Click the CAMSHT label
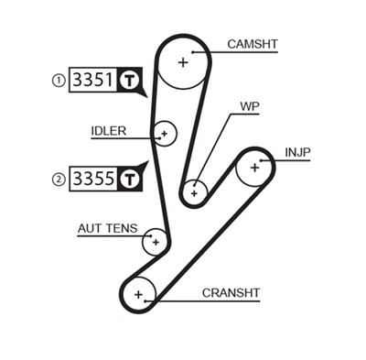tap(252, 44)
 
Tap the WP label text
tap(249, 105)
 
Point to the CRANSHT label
tap(231, 292)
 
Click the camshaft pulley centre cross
tap(183, 62)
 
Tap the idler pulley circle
tap(164, 134)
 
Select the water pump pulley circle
tap(193, 192)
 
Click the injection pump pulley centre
tap(254, 167)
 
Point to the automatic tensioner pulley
tap(156, 242)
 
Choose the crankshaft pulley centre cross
tap(138, 294)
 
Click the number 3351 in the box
tap(92, 81)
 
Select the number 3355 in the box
tap(92, 179)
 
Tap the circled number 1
tap(59, 81)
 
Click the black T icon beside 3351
tap(129, 81)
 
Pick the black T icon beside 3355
tap(129, 179)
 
